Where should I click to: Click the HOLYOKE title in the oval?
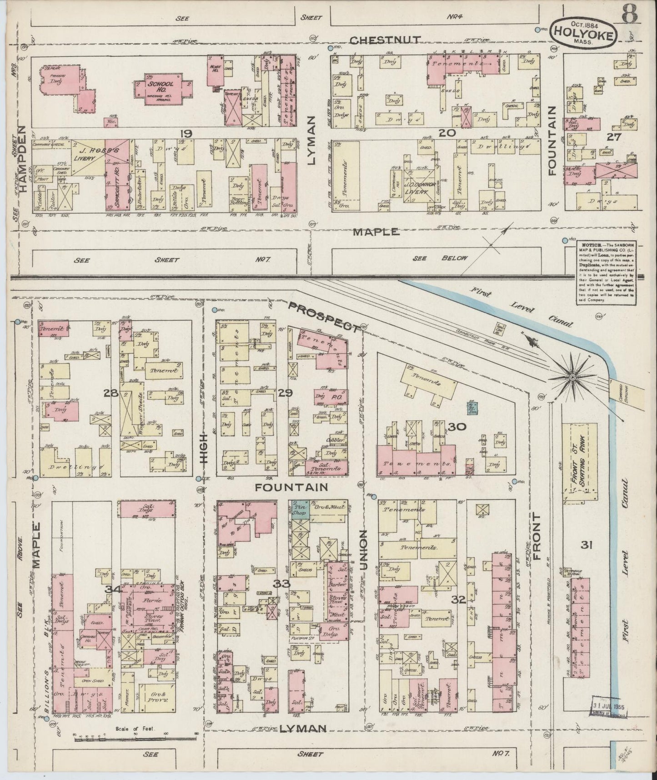coord(583,32)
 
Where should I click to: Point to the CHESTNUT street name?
coord(386,40)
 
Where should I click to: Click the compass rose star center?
coord(572,377)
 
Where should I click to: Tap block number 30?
coord(455,426)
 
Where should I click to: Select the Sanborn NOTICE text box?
coord(603,272)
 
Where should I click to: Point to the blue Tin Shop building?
coord(300,509)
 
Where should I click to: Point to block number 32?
coord(458,599)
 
